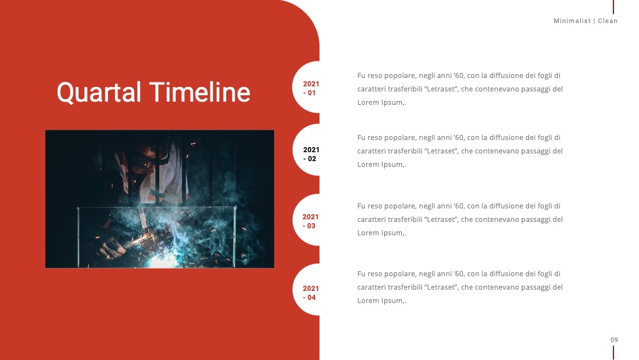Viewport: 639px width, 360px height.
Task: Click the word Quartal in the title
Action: click(x=99, y=93)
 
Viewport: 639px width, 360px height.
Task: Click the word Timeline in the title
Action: click(x=199, y=91)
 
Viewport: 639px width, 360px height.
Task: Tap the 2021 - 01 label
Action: click(x=311, y=88)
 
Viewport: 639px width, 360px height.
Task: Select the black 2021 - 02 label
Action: click(x=311, y=154)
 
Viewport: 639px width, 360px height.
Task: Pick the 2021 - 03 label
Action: click(x=311, y=221)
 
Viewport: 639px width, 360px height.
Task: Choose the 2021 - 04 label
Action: click(x=311, y=293)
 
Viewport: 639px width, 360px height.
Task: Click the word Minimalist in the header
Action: click(x=572, y=21)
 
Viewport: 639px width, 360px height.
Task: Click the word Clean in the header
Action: click(x=608, y=21)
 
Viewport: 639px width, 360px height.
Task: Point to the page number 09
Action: click(x=614, y=340)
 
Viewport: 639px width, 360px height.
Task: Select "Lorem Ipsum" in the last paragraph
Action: click(x=380, y=301)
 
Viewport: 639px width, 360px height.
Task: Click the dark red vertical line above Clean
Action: click(x=613, y=7)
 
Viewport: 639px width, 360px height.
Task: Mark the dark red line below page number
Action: click(x=613, y=353)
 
